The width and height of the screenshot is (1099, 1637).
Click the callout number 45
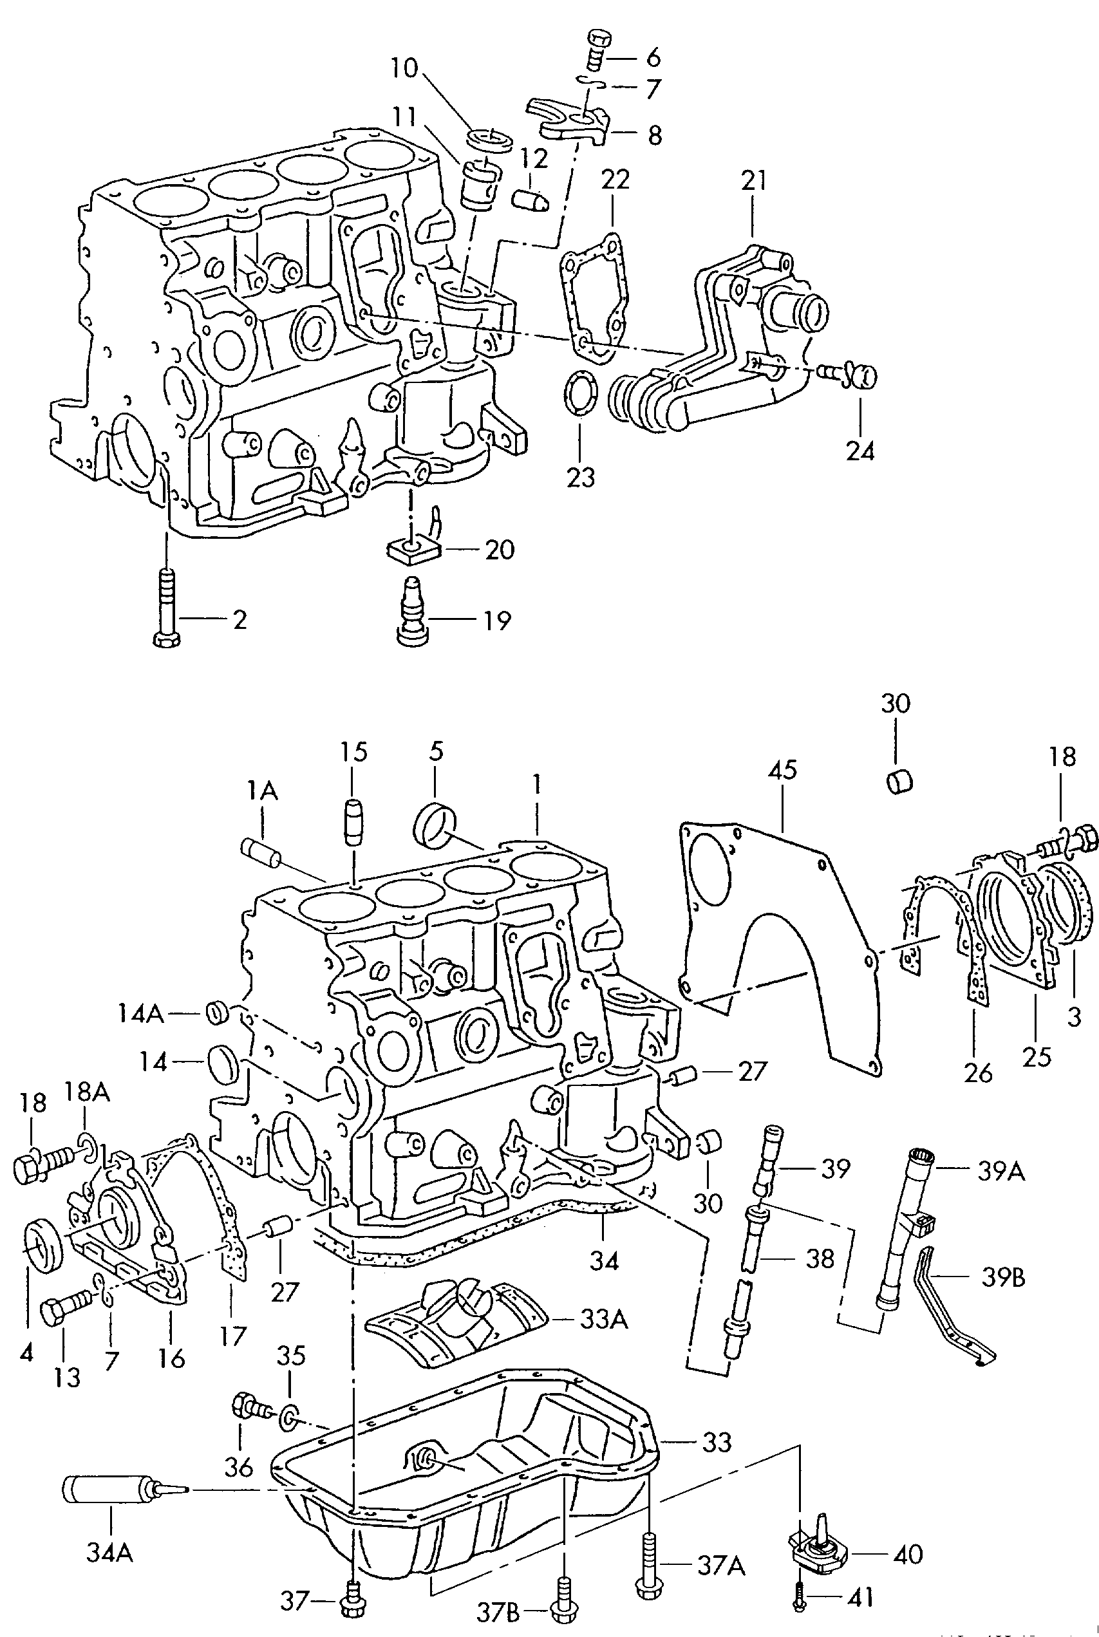coord(782,770)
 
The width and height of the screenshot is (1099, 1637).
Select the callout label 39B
coord(1003,1277)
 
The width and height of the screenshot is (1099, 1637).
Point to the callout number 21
coord(754,181)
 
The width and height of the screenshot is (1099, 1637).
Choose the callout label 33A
coord(604,1320)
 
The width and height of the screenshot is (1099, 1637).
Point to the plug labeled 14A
coord(217,1013)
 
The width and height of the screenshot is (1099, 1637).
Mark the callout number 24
coord(860,451)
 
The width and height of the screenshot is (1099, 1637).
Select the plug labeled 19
coord(410,611)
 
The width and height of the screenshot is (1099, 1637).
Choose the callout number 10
coord(404,69)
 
